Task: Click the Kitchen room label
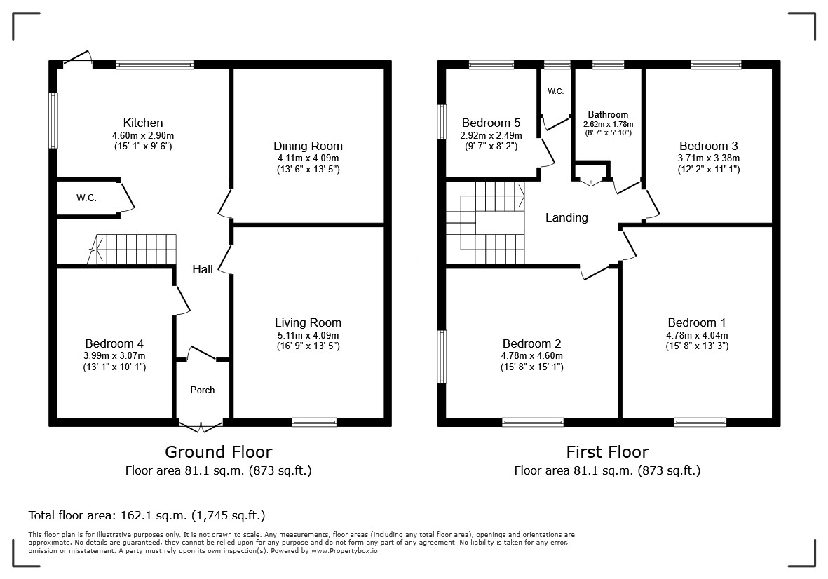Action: tap(142, 123)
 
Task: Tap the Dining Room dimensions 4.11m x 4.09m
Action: tap(308, 158)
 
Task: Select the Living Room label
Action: tap(308, 322)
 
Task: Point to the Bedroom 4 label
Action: tap(114, 343)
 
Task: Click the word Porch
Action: tap(203, 390)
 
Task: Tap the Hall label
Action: tap(202, 269)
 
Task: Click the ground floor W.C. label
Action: tap(87, 198)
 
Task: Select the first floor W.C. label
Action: tap(555, 91)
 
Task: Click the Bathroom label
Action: tap(608, 114)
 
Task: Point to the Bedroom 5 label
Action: tap(491, 123)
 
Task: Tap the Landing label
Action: tap(566, 217)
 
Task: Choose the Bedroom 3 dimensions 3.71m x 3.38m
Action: tap(709, 158)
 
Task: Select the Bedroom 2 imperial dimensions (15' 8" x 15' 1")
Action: tap(531, 367)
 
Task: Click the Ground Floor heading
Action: tap(219, 452)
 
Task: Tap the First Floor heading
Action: tap(607, 452)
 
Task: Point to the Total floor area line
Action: tap(147, 515)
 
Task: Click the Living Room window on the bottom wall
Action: tap(314, 422)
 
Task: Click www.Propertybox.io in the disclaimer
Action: tap(344, 550)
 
